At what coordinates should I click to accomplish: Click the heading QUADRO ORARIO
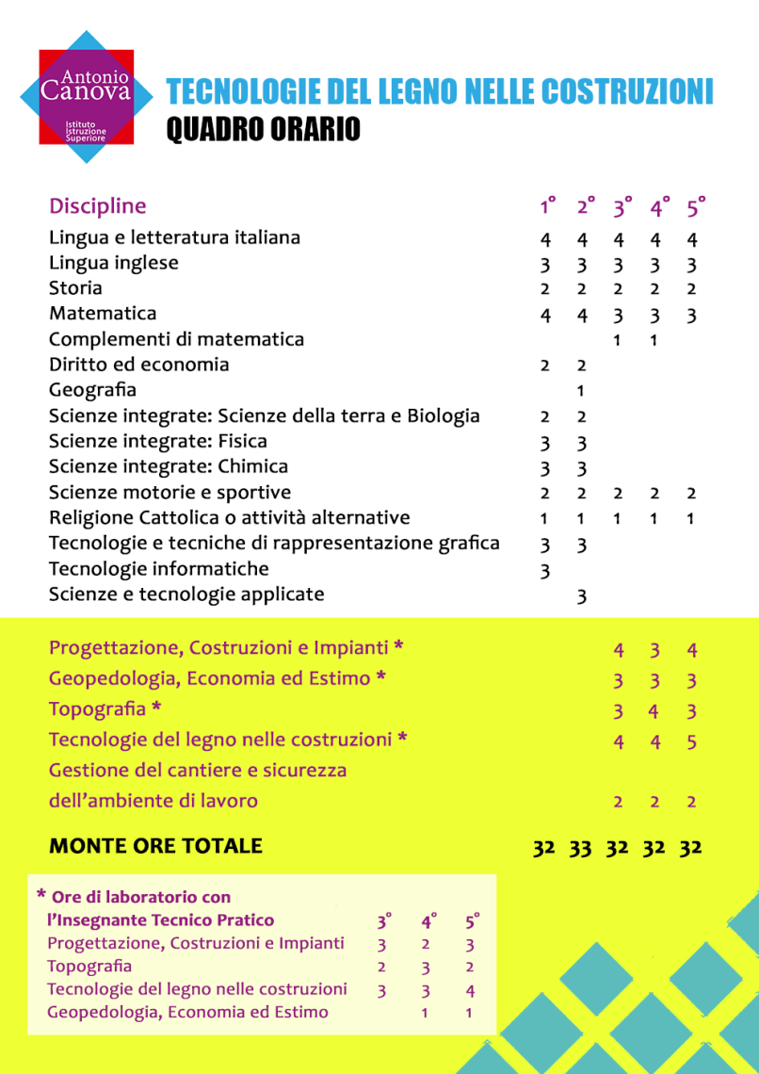[x=263, y=130]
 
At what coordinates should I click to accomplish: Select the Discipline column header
[x=98, y=205]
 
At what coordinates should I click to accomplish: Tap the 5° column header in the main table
[x=695, y=206]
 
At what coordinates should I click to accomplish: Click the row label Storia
[x=75, y=288]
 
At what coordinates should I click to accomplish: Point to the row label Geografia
[x=92, y=390]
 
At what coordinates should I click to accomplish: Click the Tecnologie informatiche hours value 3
[x=544, y=570]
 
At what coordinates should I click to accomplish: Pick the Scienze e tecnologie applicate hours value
[x=581, y=595]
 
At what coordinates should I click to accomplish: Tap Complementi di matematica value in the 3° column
[x=617, y=340]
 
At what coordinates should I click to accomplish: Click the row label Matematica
[x=103, y=314]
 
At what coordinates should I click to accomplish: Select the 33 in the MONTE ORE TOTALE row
[x=580, y=847]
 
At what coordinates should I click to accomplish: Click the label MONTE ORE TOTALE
[x=155, y=846]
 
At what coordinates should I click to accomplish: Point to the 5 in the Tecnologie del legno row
[x=691, y=742]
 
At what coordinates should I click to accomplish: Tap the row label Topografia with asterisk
[x=105, y=708]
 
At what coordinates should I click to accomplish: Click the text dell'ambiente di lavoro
[x=153, y=802]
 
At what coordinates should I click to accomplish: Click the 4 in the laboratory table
[x=470, y=990]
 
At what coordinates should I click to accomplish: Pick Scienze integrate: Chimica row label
[x=169, y=467]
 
